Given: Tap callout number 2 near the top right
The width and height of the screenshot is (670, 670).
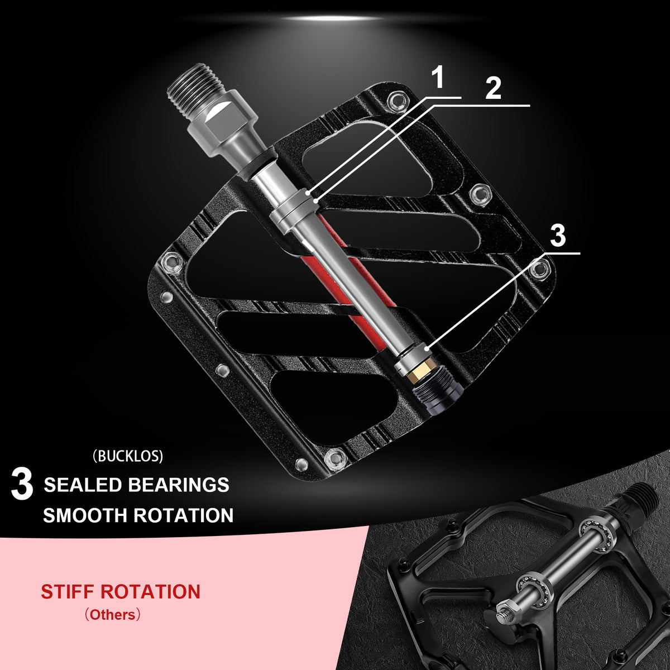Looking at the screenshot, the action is pos(493,88).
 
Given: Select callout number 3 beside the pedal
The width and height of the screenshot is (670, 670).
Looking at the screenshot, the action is pos(558,236).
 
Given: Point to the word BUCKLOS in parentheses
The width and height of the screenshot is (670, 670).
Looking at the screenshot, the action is pos(128,457).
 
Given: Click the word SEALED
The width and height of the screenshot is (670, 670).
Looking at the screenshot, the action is pos(83,485).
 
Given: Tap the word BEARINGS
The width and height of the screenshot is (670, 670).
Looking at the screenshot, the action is pos(179,485).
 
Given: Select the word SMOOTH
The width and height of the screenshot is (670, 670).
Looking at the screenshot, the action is pos(85,516).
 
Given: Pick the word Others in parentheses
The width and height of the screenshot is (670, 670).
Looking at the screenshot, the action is pos(112,615).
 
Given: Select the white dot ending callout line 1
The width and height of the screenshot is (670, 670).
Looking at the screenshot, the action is pos(307,193).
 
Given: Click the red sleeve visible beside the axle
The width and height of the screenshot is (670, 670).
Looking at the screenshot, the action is pos(348,278).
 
